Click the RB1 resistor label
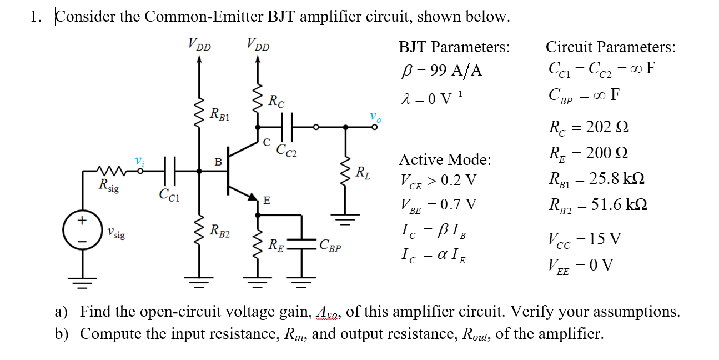220,115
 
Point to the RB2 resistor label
220,230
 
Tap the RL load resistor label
364,172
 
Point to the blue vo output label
375,117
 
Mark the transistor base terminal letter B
218,162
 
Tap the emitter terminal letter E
267,201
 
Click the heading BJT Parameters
454,47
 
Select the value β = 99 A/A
441,71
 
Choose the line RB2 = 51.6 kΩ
597,205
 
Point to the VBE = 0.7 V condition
438,206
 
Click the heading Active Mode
445,160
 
